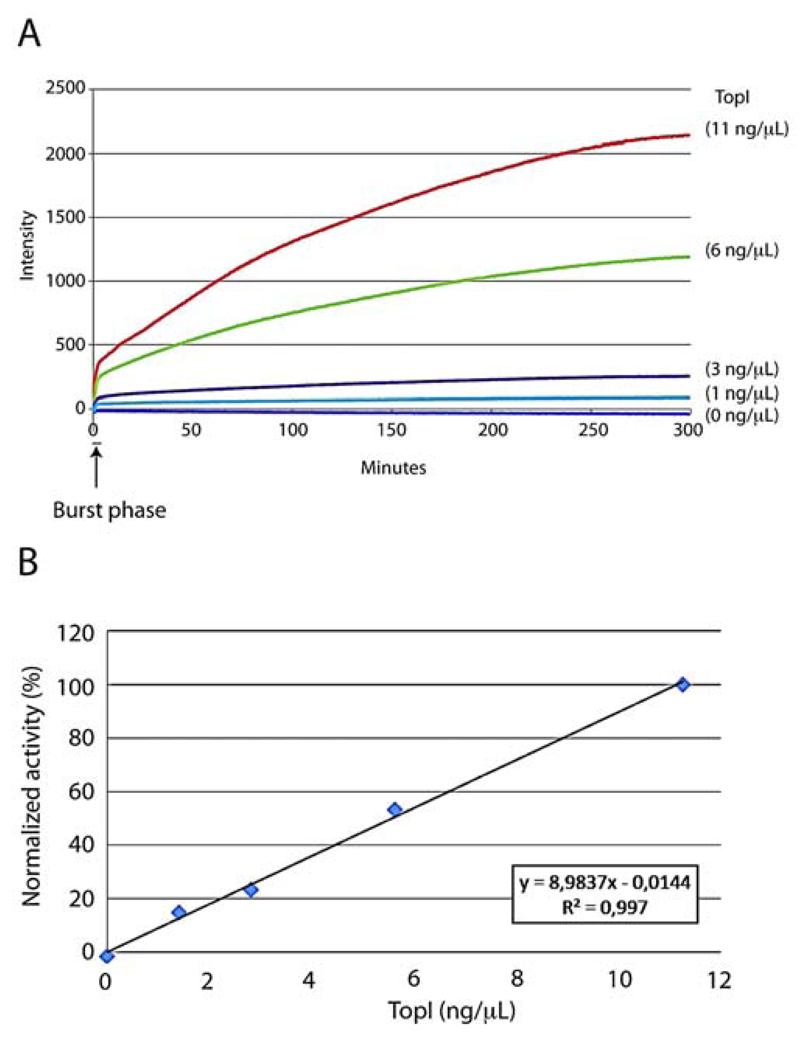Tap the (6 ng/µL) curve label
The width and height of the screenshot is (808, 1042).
(x=742, y=251)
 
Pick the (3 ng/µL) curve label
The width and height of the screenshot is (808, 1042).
(x=742, y=369)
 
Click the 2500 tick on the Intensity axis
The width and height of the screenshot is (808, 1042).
(x=64, y=89)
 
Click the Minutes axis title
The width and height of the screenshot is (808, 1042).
(x=393, y=468)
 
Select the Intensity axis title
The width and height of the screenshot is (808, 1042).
(x=28, y=246)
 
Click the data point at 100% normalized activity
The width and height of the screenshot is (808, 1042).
(x=682, y=685)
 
